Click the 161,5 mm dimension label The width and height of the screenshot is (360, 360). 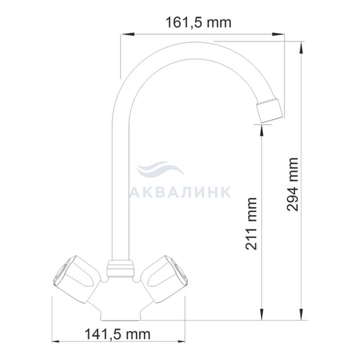199,23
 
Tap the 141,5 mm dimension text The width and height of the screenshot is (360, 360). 118,334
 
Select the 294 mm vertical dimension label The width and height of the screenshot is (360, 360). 293,184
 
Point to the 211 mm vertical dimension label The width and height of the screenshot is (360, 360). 251,223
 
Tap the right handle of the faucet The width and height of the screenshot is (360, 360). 165,279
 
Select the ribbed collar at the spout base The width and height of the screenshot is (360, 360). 120,268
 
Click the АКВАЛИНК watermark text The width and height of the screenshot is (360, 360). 180,192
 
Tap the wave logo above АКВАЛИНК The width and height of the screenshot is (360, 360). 160,169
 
